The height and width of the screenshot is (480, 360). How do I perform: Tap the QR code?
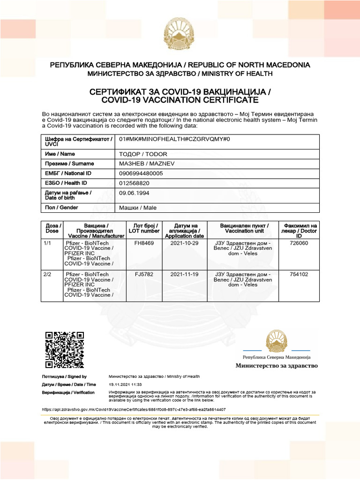[x=65, y=350]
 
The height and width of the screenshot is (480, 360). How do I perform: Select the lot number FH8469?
[x=144, y=243]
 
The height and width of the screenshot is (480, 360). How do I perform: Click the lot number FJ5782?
[x=144, y=274]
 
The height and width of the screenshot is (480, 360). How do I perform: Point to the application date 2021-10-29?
[x=184, y=243]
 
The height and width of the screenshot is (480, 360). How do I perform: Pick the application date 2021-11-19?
[x=184, y=274]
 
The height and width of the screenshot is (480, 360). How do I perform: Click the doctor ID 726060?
[x=299, y=243]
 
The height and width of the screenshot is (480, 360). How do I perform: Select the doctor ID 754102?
[x=299, y=274]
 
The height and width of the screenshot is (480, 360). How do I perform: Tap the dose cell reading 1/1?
[x=47, y=243]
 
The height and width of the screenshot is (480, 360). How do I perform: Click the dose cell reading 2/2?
[x=47, y=274]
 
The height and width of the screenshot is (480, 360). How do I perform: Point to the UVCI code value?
[x=174, y=139]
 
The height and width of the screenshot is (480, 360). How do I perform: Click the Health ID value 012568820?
[x=135, y=183]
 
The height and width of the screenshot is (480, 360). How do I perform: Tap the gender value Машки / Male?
[x=138, y=208]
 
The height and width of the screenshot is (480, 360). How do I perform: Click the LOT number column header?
[x=144, y=228]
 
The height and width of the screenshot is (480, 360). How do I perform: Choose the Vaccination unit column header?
[x=242, y=228]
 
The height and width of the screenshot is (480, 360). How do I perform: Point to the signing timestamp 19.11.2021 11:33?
[x=125, y=384]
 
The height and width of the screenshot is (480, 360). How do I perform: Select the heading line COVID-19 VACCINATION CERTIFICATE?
[x=180, y=100]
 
